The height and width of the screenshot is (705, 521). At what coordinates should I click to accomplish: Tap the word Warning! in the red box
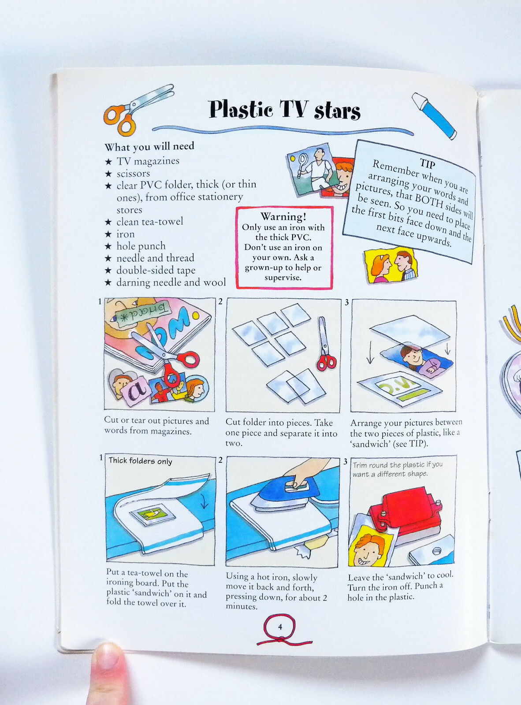point(283,217)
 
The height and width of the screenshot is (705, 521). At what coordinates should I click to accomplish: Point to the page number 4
point(280,627)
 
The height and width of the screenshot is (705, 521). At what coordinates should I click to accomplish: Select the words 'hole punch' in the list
point(141,246)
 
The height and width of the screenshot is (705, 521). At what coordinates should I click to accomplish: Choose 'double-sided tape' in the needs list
point(156,270)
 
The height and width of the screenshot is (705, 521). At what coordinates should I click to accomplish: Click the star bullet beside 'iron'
point(108,234)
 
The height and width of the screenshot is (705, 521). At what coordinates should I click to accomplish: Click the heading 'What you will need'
point(149,147)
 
